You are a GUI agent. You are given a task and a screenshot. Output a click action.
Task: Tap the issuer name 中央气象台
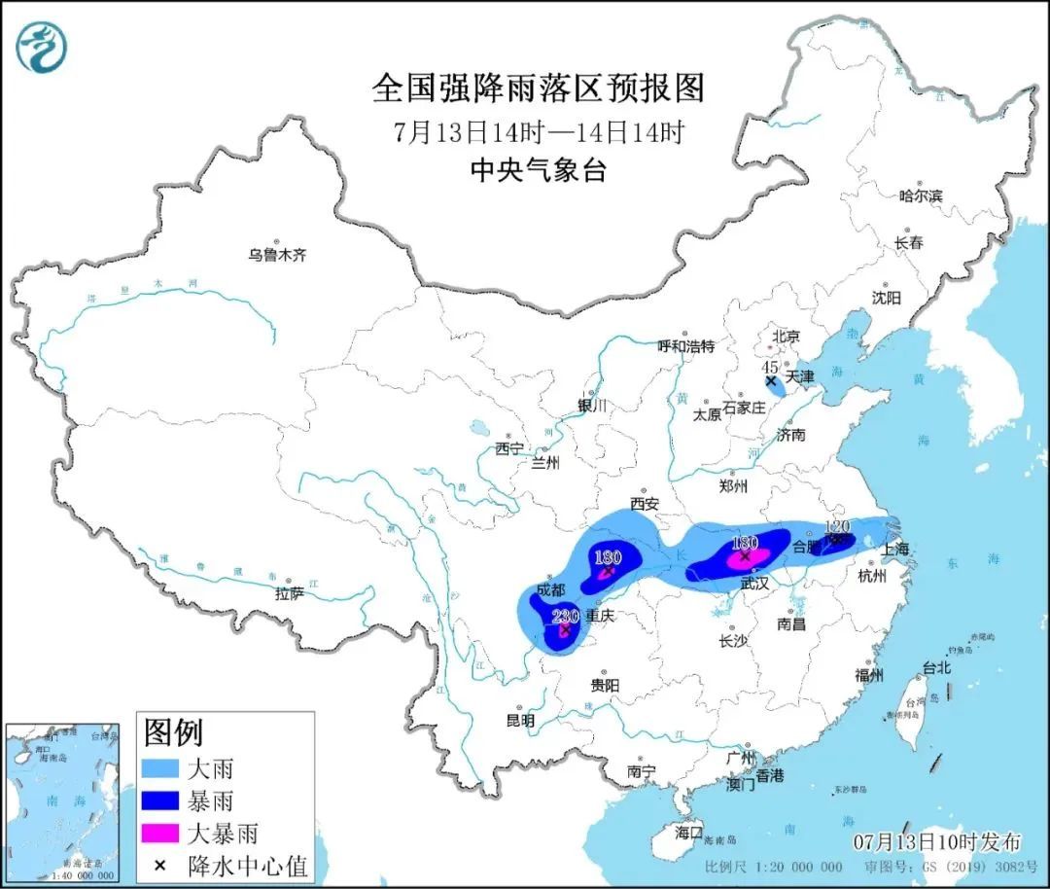[538, 171]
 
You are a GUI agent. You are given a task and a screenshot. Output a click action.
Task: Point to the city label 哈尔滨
[920, 196]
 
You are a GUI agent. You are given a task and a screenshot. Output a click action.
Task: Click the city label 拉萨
[290, 592]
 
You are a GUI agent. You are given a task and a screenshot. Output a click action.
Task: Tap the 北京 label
[786, 337]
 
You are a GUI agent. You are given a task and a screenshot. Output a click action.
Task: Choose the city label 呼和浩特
[685, 345]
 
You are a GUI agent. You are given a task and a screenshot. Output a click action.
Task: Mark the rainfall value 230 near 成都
[565, 616]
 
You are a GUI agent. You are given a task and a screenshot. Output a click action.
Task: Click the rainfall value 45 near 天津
[770, 367]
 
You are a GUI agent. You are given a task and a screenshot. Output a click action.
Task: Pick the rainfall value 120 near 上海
[837, 526]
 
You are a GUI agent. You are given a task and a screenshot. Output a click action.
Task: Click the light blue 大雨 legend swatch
[161, 769]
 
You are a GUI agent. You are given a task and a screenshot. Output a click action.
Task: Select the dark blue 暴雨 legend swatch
[161, 801]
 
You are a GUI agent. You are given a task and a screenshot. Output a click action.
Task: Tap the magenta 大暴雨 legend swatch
[161, 834]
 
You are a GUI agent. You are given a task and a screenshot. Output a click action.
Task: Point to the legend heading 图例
[173, 729]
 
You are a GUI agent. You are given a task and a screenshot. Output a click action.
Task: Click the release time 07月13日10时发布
[937, 840]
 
